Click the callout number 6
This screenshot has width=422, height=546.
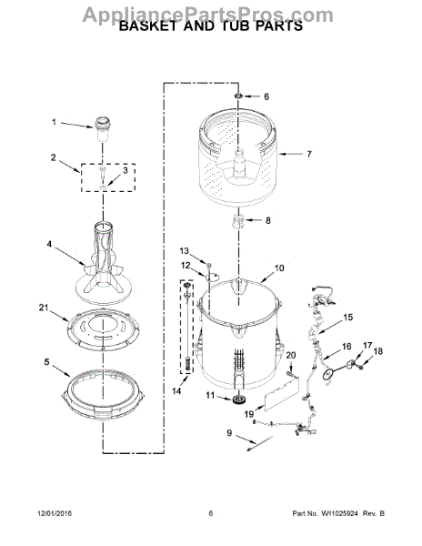(x=266, y=96)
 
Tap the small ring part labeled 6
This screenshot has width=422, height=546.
(x=238, y=96)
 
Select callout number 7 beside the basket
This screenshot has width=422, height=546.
(x=309, y=154)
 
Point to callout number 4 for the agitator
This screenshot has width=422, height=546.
(x=49, y=244)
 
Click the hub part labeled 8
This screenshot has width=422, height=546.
(x=237, y=221)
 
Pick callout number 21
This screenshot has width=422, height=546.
(x=43, y=308)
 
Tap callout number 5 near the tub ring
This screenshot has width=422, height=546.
(x=47, y=362)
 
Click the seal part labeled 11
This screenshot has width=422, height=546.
(x=238, y=399)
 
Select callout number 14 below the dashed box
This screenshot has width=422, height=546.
(x=176, y=390)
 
